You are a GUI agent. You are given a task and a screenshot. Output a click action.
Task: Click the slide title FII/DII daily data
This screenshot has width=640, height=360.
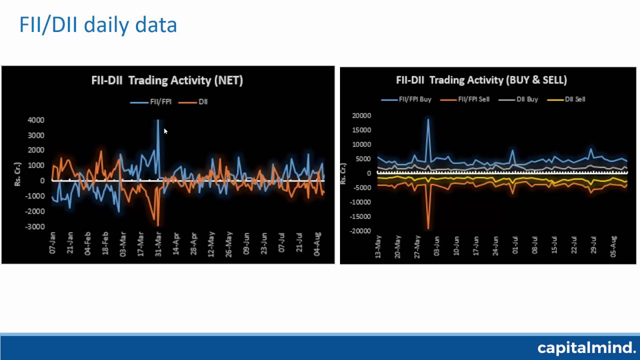[98, 24]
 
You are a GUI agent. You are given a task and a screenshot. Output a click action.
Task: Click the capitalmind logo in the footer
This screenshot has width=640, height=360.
[586, 347]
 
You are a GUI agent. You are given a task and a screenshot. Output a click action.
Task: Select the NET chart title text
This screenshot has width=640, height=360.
[167, 80]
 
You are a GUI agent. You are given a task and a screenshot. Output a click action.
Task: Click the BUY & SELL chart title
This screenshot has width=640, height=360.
[481, 80]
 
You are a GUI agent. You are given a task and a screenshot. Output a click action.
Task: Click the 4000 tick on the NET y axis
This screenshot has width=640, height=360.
[36, 120]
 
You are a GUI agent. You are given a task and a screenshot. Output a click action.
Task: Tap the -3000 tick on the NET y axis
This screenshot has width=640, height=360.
[35, 226]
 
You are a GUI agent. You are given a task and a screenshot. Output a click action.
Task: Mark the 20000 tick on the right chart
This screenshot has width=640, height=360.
[361, 115]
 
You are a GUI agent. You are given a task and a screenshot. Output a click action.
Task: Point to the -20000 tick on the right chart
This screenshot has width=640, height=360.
[360, 231]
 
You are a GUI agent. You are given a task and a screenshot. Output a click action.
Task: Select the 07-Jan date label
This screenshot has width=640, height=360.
[52, 242]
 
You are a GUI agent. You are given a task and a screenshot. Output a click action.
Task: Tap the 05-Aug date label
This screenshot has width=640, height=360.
[614, 246]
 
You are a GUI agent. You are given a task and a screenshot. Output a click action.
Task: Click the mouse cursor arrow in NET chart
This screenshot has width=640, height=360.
[165, 131]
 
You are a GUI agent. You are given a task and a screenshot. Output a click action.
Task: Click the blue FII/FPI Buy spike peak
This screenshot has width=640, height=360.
[428, 119]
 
